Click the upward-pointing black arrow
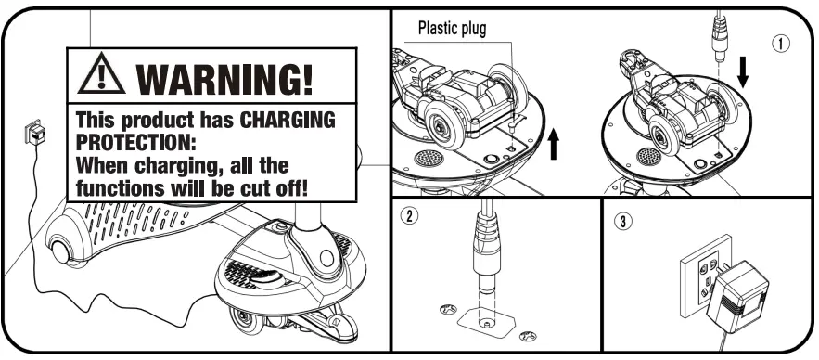pos(554,144)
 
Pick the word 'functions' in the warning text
pos(120,188)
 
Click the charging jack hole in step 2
pos(485,324)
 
